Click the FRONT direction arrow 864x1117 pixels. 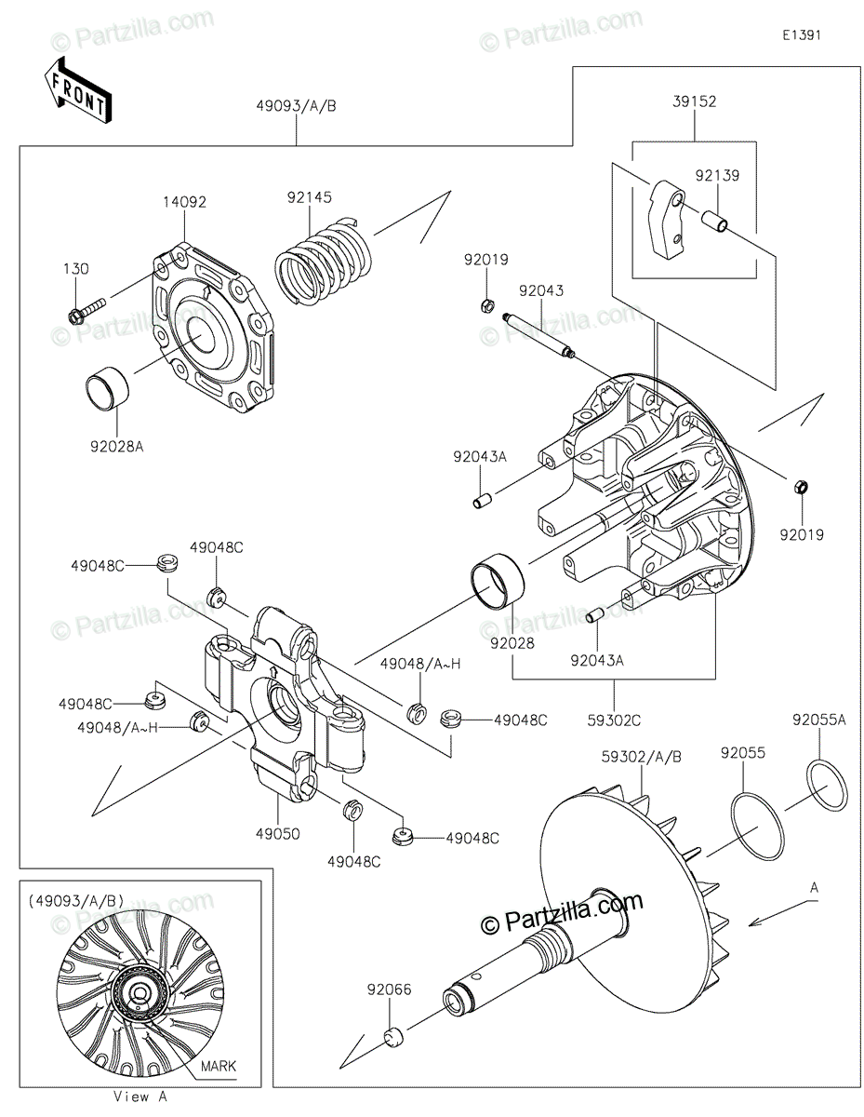[77, 90]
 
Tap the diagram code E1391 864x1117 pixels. [802, 35]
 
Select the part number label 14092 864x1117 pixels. [185, 202]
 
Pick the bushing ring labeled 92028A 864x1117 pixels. [107, 391]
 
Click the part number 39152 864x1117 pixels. [694, 101]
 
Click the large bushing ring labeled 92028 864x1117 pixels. [498, 582]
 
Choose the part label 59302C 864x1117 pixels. [614, 720]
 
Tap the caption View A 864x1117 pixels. [140, 1097]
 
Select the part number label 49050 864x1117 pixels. [278, 834]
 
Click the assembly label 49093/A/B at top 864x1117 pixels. [296, 106]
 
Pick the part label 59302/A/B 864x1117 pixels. [641, 757]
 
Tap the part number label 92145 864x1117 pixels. [310, 197]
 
